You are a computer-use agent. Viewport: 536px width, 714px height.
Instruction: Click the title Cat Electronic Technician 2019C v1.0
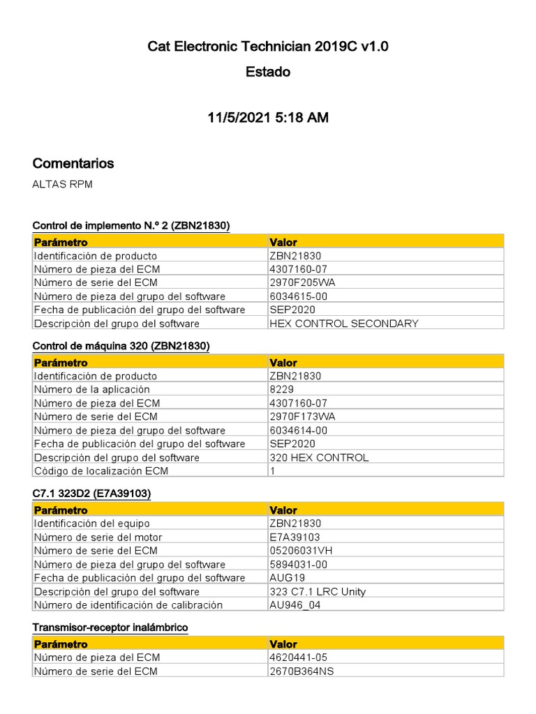point(268,47)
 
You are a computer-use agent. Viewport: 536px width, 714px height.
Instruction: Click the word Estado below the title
point(268,72)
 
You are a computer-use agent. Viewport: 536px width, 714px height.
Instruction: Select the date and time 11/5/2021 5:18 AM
point(268,118)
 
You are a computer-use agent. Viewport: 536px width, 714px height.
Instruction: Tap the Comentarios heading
point(73,163)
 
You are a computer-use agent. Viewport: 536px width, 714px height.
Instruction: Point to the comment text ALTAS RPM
point(62,185)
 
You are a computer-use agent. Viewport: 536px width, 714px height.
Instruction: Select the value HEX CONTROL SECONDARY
point(344,323)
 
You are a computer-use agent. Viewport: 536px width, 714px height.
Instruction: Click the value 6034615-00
point(298,296)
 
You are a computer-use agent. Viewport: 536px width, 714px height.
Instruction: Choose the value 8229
point(281,389)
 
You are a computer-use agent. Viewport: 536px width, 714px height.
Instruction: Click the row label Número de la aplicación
point(91,389)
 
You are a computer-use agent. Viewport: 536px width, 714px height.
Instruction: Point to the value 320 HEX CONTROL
point(319,457)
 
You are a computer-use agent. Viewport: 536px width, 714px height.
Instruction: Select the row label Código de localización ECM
point(101,471)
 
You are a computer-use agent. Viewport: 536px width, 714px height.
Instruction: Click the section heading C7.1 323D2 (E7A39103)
point(91,494)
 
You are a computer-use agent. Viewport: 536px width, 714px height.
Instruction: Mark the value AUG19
point(287,577)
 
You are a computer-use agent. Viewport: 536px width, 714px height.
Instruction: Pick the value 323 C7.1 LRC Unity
point(318,591)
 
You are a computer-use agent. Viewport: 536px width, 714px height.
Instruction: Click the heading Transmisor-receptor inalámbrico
point(110,628)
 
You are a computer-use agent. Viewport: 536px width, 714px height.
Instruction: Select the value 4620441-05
point(298,658)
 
